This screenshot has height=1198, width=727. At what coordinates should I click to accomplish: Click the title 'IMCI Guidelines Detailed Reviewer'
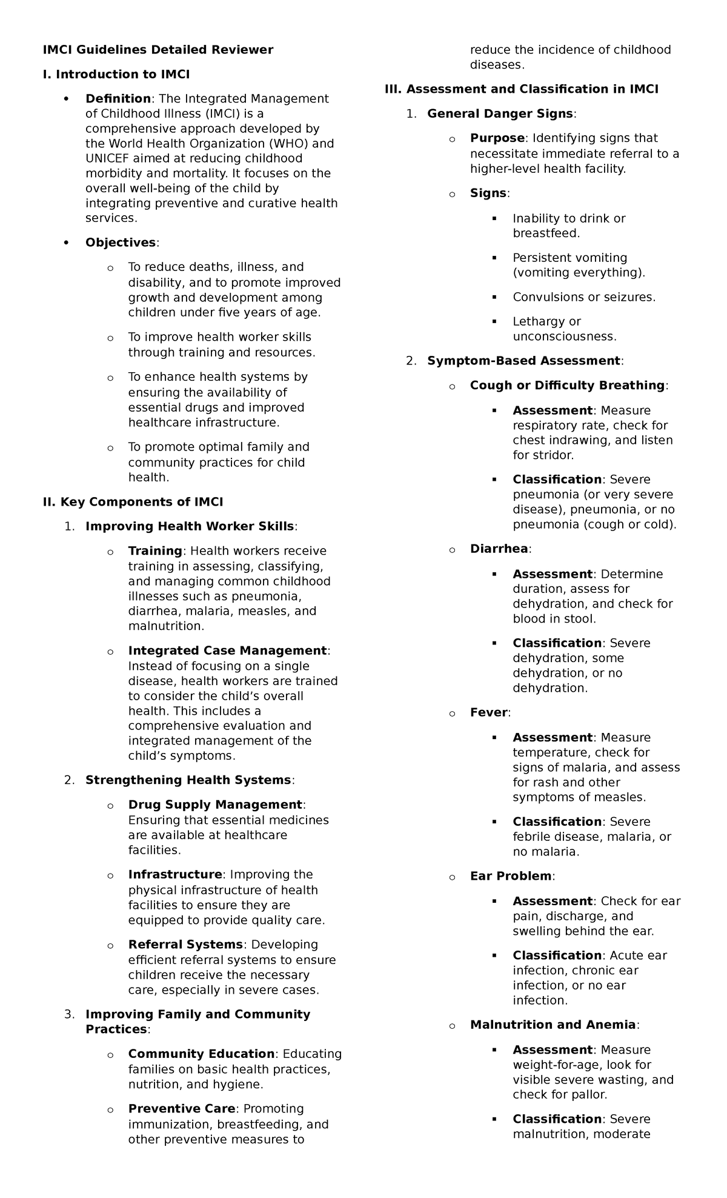click(x=158, y=50)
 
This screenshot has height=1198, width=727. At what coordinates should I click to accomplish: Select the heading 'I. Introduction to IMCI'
click(x=116, y=75)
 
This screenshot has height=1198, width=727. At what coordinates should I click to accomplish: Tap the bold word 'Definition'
click(x=118, y=99)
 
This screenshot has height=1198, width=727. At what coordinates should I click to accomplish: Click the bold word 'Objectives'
click(x=121, y=243)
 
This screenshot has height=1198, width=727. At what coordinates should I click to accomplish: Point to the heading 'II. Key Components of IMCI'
click(x=133, y=502)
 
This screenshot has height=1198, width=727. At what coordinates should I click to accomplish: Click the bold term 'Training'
click(x=155, y=551)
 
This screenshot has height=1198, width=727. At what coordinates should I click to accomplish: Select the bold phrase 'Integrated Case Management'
click(x=227, y=651)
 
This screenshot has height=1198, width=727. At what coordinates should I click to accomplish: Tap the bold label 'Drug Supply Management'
click(x=214, y=805)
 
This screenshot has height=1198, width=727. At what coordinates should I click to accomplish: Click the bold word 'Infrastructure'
click(x=175, y=874)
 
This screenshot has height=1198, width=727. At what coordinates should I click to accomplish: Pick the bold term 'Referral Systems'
click(x=185, y=945)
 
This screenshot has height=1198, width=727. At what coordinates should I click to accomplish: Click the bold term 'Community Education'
click(x=201, y=1054)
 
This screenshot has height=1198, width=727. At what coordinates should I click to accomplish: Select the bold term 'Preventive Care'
click(x=181, y=1108)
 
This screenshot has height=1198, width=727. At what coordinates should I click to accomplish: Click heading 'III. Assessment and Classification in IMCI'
click(x=521, y=89)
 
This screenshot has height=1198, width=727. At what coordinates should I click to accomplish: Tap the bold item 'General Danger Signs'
click(x=500, y=114)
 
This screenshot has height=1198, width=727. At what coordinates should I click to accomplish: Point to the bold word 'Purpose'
click(x=497, y=138)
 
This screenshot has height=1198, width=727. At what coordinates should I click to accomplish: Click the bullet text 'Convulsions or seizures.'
click(x=584, y=297)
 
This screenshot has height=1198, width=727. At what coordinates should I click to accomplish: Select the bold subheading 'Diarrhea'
click(x=499, y=549)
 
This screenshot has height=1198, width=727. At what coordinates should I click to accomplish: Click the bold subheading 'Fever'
click(x=488, y=712)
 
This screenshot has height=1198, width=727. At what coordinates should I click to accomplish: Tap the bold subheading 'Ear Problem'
click(x=510, y=876)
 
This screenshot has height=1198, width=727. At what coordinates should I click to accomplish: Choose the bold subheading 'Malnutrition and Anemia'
click(x=553, y=1025)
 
